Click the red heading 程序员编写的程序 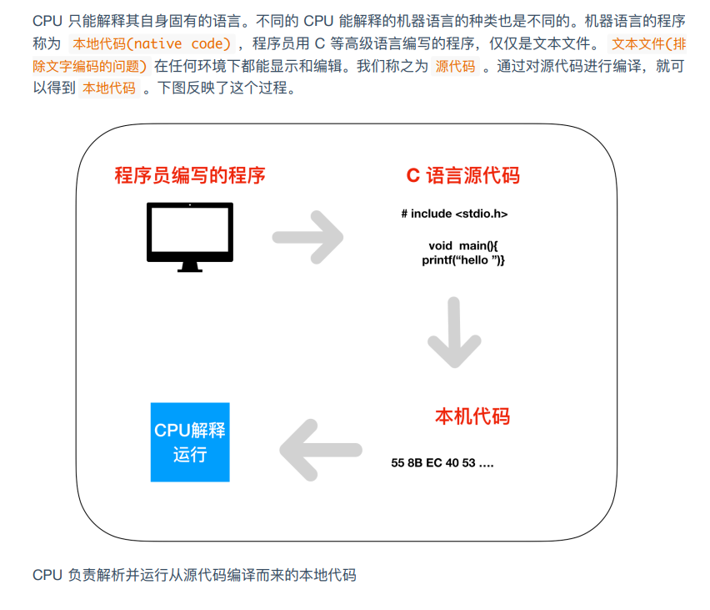(190, 175)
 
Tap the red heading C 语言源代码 (462, 175)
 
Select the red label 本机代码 (472, 416)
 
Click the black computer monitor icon (190, 237)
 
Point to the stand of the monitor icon (190, 267)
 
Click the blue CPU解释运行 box (190, 442)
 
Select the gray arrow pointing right (307, 237)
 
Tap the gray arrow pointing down (454, 332)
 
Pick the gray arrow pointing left (321, 450)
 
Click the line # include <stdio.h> (454, 214)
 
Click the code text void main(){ (462, 246)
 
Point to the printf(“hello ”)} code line (462, 260)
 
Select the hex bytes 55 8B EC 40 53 (433, 463)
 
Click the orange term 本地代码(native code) (152, 44)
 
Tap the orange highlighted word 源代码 (455, 66)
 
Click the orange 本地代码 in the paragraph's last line (109, 88)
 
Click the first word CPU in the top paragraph (47, 21)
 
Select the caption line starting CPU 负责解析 (194, 575)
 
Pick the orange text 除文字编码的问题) (90, 66)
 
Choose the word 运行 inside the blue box (190, 455)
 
